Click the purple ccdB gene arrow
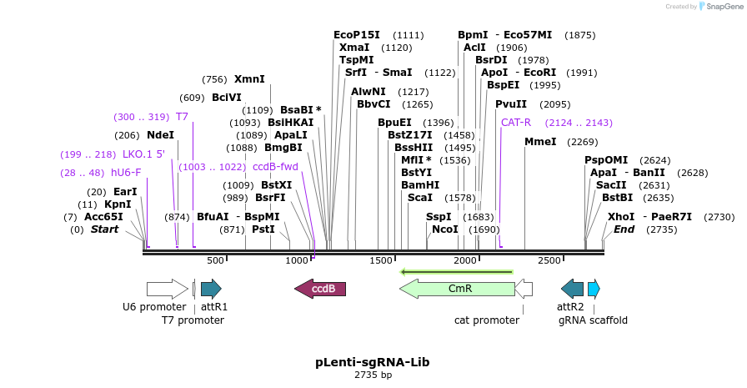click(320, 289)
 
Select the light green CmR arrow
click(458, 289)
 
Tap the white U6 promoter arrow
click(167, 289)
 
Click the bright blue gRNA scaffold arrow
click(594, 289)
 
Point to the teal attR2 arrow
click(573, 289)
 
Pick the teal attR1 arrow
click(211, 289)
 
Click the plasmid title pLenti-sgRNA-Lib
click(373, 362)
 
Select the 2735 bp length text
click(373, 375)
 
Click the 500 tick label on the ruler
click(215, 260)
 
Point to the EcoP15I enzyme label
click(356, 35)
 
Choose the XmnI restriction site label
click(249, 79)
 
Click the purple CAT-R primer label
click(516, 122)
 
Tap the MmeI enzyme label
click(540, 142)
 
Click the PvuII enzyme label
click(511, 104)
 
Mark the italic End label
click(624, 229)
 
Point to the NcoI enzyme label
click(444, 229)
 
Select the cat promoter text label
click(487, 320)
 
